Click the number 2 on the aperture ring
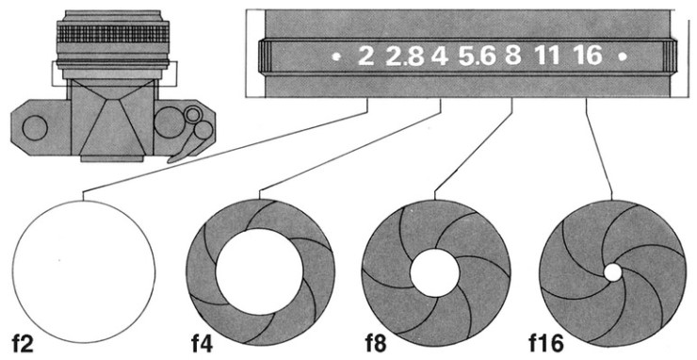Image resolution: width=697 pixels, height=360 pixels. point(365,56)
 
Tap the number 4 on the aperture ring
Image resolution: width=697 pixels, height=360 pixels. point(439,56)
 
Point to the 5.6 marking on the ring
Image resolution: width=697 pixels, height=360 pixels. point(477,57)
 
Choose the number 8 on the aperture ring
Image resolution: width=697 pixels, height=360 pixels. point(512,56)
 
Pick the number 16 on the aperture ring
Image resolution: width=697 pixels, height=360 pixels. point(588,56)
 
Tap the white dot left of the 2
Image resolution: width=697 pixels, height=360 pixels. point(337,57)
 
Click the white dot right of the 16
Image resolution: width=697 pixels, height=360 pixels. point(623,57)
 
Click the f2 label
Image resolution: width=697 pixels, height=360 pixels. point(23,344)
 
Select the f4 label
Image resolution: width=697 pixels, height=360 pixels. point(203,344)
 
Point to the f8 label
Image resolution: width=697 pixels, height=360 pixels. point(376,344)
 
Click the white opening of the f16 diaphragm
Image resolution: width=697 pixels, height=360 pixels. point(612,272)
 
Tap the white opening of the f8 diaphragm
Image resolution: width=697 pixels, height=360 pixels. point(434,272)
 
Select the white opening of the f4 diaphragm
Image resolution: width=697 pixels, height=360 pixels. point(259,272)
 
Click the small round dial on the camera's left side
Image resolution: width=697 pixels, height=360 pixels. point(35,128)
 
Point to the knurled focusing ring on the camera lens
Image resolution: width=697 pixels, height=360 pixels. point(113,34)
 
